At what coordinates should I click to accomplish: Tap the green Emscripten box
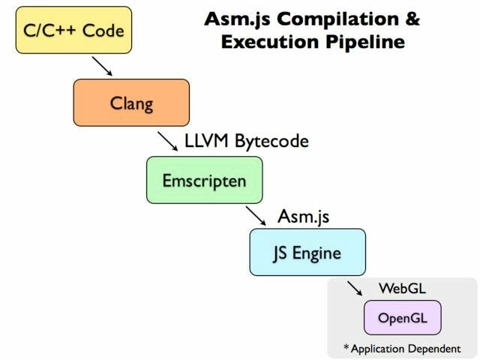[204, 181]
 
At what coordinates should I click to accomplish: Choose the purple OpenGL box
[402, 317]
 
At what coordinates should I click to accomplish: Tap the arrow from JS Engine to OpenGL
[355, 290]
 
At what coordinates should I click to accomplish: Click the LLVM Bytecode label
[246, 140]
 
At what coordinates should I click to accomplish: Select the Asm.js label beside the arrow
[303, 216]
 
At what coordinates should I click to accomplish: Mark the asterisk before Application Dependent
[345, 347]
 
